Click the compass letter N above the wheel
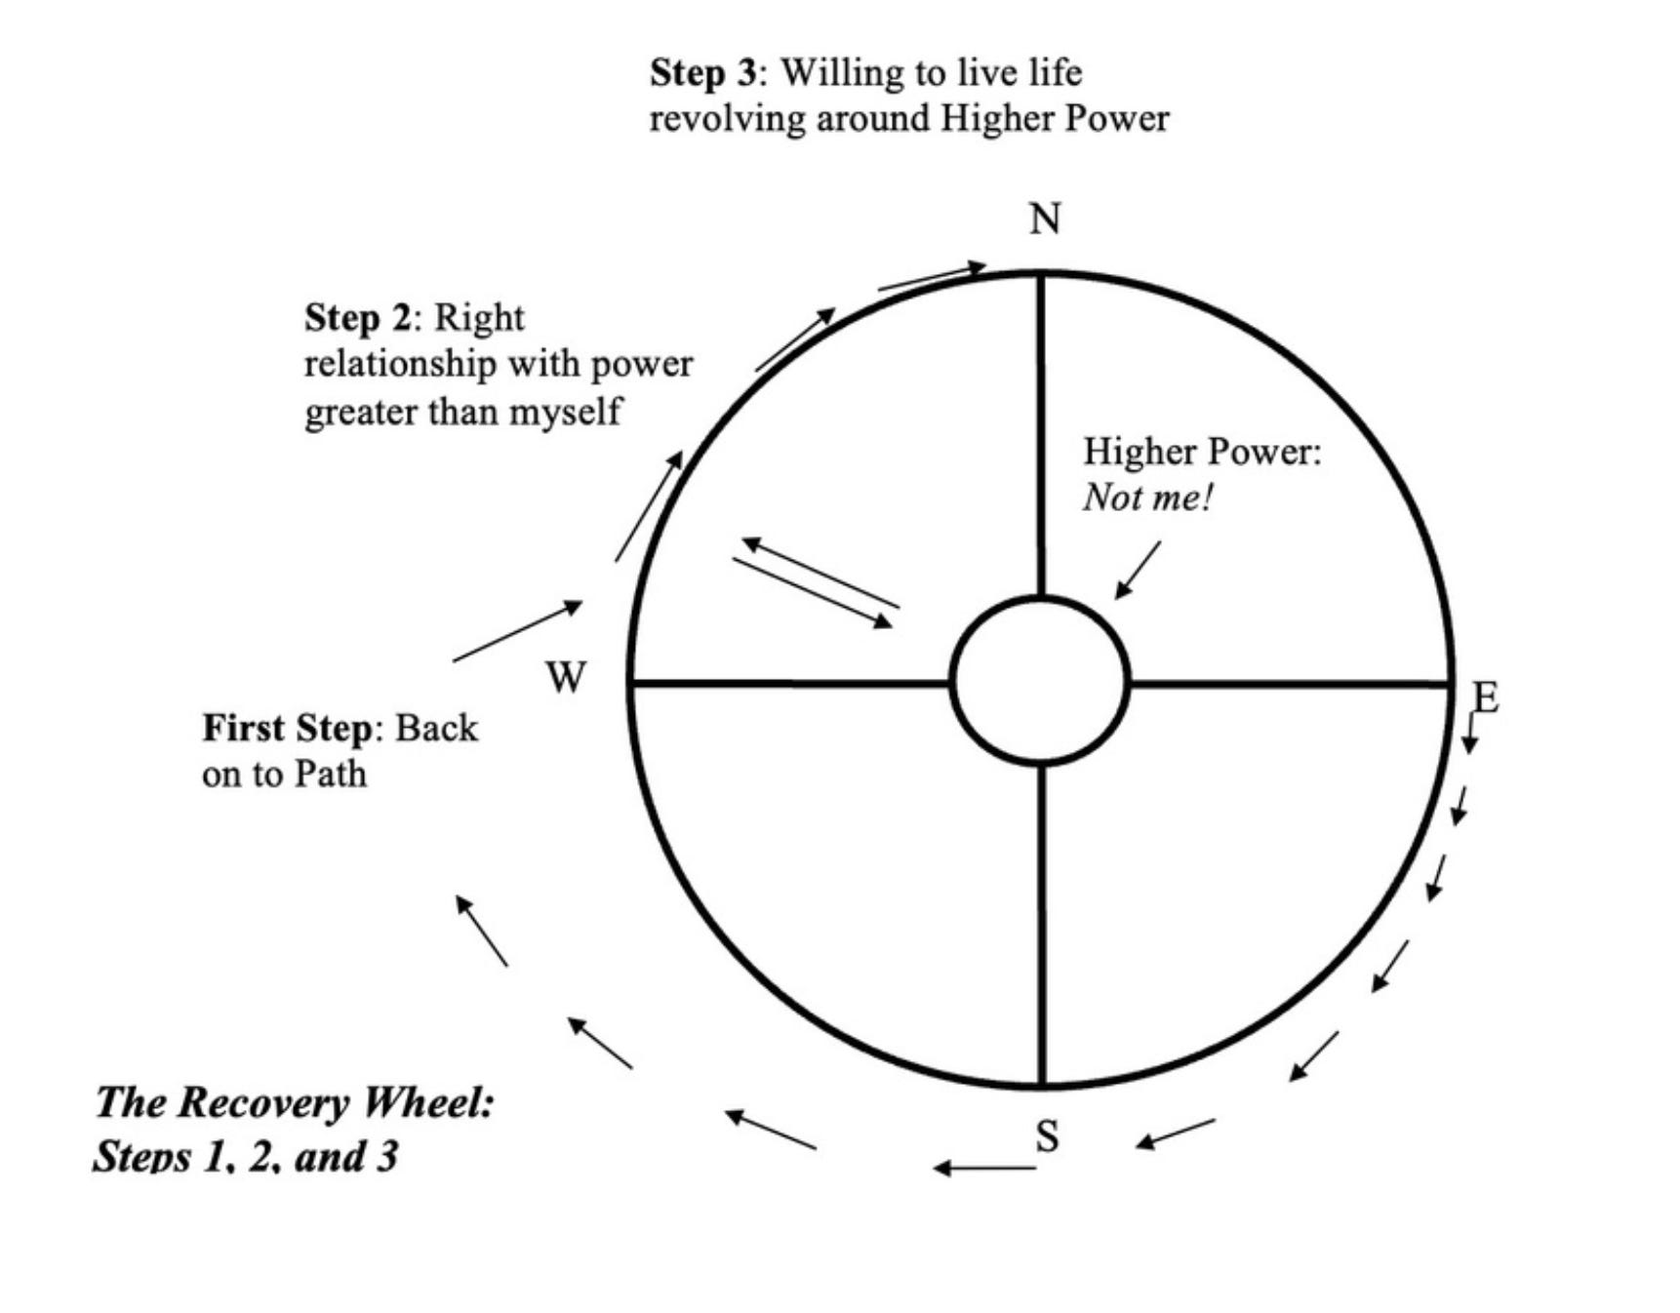pyautogui.click(x=1044, y=219)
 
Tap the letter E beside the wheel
pyautogui.click(x=1484, y=697)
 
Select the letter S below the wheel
pyautogui.click(x=1047, y=1136)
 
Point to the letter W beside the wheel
pyautogui.click(x=566, y=677)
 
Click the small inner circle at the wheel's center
pyautogui.click(x=1040, y=680)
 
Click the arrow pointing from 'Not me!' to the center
pyautogui.click(x=1138, y=570)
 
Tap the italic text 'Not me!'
pyautogui.click(x=1147, y=498)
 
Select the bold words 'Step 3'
pyautogui.click(x=702, y=73)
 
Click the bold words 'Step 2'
pyautogui.click(x=357, y=318)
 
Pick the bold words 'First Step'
pyautogui.click(x=287, y=729)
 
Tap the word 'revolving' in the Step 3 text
pyautogui.click(x=727, y=119)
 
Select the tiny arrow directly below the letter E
pyautogui.click(x=1468, y=733)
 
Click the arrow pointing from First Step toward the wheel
pyautogui.click(x=517, y=631)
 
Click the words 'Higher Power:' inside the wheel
pyautogui.click(x=1202, y=452)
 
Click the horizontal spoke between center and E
pyautogui.click(x=1288, y=684)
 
